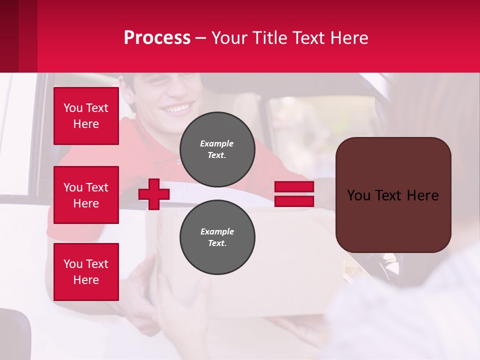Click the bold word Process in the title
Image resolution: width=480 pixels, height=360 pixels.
(157, 37)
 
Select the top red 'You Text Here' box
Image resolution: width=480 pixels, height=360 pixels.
(86, 116)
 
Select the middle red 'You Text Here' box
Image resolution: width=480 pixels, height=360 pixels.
(86, 195)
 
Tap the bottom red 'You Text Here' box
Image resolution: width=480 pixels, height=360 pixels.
(86, 272)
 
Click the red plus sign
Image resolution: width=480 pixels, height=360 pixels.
(154, 194)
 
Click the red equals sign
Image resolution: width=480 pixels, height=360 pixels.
(294, 194)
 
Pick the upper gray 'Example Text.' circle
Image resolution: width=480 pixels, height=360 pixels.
(217, 149)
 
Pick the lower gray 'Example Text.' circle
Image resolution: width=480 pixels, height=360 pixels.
(217, 237)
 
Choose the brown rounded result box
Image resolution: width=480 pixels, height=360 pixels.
(393, 194)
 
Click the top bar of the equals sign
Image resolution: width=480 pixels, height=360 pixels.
(294, 187)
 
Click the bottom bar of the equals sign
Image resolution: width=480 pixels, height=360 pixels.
(294, 201)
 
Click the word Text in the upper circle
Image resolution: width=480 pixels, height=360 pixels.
(217, 155)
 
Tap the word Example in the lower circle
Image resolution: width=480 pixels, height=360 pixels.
(217, 231)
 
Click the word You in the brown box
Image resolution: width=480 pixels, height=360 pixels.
(358, 195)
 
